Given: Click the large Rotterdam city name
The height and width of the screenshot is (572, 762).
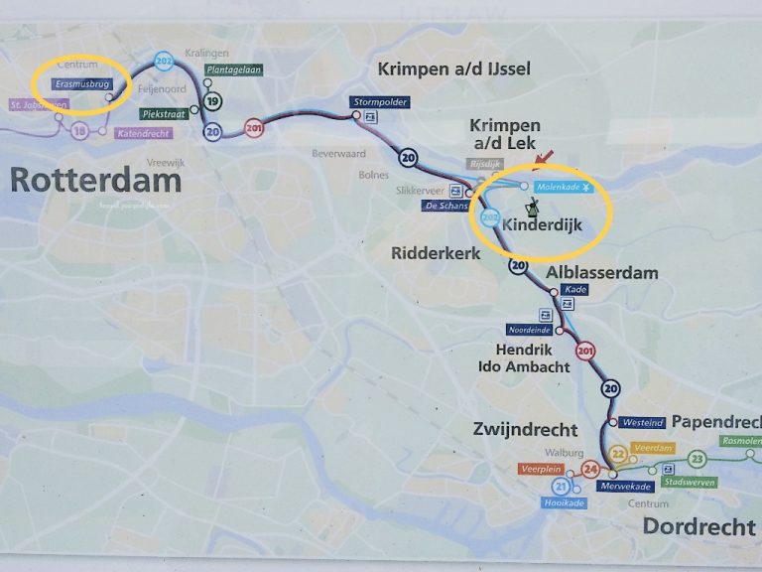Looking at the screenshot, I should click(95, 180).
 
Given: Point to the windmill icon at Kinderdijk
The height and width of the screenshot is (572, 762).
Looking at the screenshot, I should click(532, 208).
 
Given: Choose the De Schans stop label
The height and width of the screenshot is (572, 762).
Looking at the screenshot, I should click(444, 206).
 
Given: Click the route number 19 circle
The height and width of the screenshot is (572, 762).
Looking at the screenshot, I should click(213, 100).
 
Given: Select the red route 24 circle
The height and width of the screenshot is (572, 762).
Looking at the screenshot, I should click(591, 469).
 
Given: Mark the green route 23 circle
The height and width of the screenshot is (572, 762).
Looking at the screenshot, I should click(698, 458).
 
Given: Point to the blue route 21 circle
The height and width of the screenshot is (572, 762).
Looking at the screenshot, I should click(561, 487).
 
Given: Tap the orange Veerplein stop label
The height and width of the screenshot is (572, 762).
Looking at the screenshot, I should click(541, 468).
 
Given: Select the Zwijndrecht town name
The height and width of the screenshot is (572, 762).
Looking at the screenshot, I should click(526, 430).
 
